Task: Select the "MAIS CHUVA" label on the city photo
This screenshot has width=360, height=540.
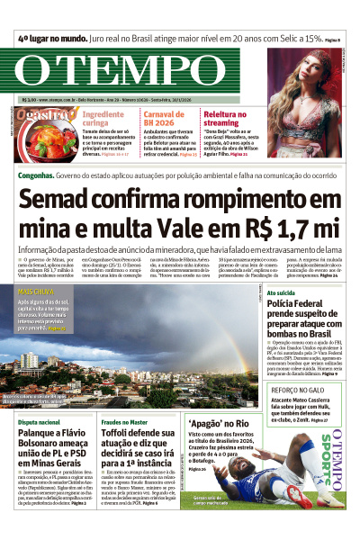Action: pyautogui.click(x=37, y=292)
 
